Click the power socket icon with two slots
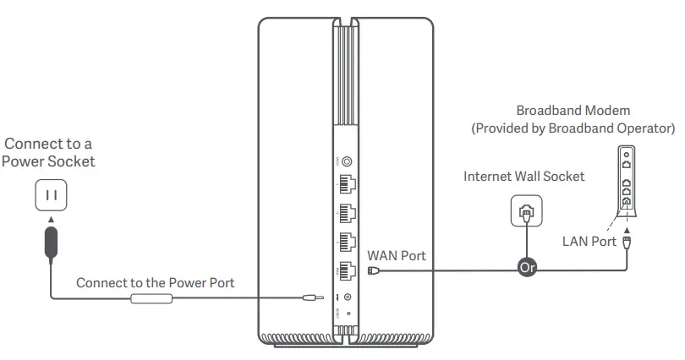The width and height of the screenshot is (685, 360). (x=50, y=196)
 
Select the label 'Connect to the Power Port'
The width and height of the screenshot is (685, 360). (x=156, y=282)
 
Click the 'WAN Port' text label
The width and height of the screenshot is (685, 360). (x=397, y=254)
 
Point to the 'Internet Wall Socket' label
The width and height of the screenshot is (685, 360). (x=523, y=177)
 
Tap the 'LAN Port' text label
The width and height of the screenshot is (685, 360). (x=589, y=242)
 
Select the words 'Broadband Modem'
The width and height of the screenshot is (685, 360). (x=573, y=111)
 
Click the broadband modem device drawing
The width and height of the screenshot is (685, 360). (x=626, y=181)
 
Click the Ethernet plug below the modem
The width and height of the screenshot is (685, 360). (x=627, y=243)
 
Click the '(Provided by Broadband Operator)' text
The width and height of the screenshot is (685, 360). (x=573, y=128)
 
